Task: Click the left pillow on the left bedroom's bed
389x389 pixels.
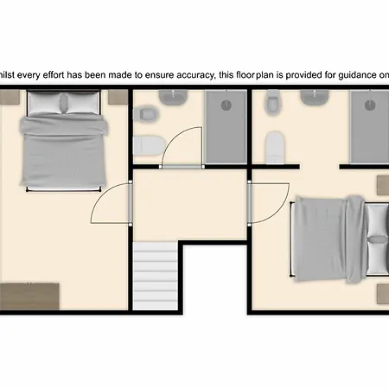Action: [46, 103]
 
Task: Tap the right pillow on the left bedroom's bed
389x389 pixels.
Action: [83, 103]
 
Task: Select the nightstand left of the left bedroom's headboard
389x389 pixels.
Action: [10, 97]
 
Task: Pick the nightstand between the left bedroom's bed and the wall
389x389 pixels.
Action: [118, 97]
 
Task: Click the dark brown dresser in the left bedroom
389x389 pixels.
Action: [29, 297]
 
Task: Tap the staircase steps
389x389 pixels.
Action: [156, 276]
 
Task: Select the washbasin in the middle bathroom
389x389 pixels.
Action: [174, 98]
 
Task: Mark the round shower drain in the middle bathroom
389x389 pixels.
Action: [226, 105]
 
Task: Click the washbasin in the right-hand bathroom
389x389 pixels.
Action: [315, 97]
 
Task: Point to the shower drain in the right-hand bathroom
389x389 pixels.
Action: [370, 105]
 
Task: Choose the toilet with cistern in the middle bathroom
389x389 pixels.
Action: [149, 145]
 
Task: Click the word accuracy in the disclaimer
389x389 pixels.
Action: [196, 75]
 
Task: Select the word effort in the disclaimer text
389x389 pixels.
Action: [54, 75]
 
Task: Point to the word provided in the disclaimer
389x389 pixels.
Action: [303, 75]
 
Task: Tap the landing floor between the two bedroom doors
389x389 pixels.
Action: [189, 204]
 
